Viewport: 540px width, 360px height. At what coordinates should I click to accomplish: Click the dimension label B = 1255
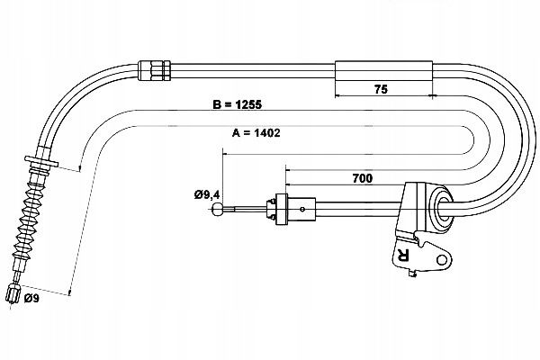238,104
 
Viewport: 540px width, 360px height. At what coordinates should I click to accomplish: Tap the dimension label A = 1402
256,132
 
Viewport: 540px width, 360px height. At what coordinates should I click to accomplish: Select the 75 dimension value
381,89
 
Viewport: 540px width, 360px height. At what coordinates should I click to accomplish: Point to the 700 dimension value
363,178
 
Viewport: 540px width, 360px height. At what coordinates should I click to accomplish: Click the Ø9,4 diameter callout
207,195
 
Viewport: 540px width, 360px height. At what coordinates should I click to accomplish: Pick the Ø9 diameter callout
31,298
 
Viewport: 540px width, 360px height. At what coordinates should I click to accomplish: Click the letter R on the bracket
402,255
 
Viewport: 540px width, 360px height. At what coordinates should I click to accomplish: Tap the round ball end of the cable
217,209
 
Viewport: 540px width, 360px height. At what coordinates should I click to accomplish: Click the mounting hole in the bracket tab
441,259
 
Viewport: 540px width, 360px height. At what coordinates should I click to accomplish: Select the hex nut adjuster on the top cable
154,70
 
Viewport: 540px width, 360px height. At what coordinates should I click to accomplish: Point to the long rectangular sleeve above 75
383,70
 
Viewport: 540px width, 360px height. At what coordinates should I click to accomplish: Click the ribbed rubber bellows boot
28,220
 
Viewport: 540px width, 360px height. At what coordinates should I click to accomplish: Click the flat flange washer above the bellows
41,161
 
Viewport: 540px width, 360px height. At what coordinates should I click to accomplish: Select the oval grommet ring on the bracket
441,208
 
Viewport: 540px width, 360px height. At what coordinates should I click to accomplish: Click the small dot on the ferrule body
302,209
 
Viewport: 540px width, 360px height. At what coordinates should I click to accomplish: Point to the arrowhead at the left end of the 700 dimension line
288,170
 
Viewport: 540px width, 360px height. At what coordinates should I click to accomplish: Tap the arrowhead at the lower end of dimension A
70,292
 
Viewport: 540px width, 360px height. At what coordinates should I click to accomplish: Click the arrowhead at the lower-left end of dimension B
80,168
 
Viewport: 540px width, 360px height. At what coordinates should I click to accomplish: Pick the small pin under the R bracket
411,274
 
